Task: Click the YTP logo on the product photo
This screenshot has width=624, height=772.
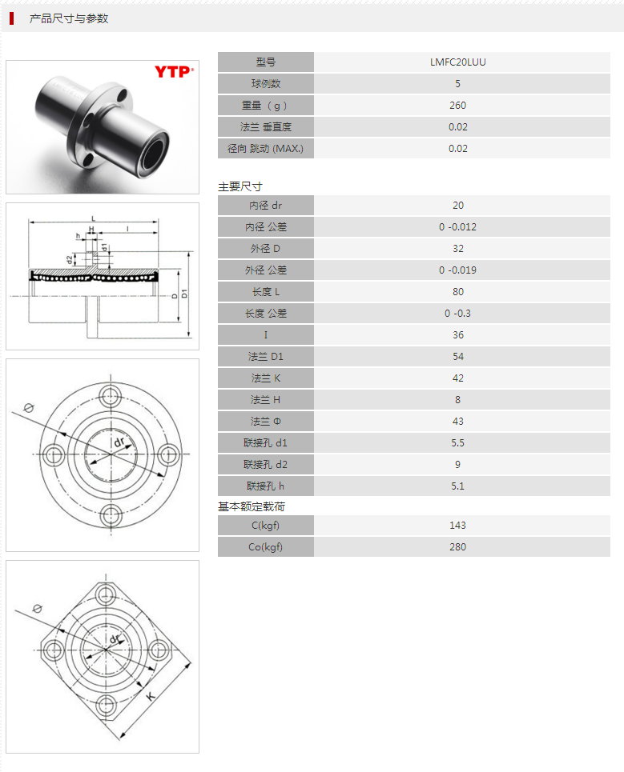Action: [x=174, y=72]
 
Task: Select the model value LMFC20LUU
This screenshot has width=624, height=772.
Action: [x=457, y=62]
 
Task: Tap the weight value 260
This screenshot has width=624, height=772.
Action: [x=457, y=106]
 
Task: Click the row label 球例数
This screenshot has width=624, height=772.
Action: [x=266, y=84]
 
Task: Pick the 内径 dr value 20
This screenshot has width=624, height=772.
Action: [x=457, y=206]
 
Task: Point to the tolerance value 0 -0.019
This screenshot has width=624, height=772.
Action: [x=457, y=270]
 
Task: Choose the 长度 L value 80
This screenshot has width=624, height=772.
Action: [x=457, y=292]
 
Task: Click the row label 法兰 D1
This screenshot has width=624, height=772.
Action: [x=266, y=357]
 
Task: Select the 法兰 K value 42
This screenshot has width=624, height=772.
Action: [x=457, y=378]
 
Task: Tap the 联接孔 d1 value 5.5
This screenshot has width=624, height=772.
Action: [x=457, y=443]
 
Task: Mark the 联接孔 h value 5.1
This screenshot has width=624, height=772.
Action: [x=457, y=486]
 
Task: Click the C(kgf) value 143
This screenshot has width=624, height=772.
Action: [x=457, y=526]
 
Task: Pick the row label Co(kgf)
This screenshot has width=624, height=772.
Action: [x=266, y=547]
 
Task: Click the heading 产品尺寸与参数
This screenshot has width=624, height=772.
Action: [x=69, y=18]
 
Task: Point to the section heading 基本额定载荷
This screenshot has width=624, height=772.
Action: [x=252, y=506]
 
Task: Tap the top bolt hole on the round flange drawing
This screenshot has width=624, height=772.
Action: [x=111, y=394]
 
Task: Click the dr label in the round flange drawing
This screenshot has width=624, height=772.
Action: [x=119, y=442]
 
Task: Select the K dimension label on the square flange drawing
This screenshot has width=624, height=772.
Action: [x=151, y=696]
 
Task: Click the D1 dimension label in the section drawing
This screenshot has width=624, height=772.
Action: [x=184, y=294]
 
